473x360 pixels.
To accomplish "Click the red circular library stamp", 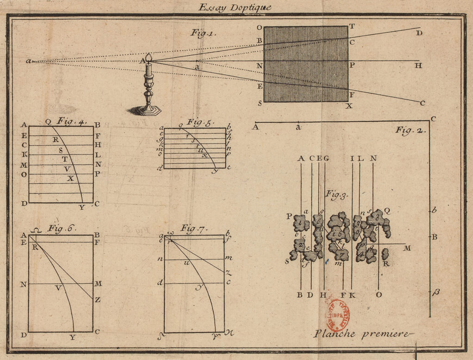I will tap(338, 316).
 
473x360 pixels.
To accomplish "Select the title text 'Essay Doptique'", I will tap(235, 7).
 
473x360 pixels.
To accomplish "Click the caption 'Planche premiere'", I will tap(362, 334).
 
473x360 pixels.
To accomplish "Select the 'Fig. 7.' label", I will tap(194, 228).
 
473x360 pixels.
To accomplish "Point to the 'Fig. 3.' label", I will tap(337, 194).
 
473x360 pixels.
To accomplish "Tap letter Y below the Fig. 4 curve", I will tap(82, 207).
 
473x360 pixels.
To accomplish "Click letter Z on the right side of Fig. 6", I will tap(97, 300).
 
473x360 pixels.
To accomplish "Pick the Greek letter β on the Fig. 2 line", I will tap(434, 292).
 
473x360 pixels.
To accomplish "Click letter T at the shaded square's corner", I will tap(352, 26).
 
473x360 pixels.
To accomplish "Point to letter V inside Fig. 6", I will tap(58, 288).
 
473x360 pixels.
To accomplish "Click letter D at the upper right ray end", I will tap(419, 33).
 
